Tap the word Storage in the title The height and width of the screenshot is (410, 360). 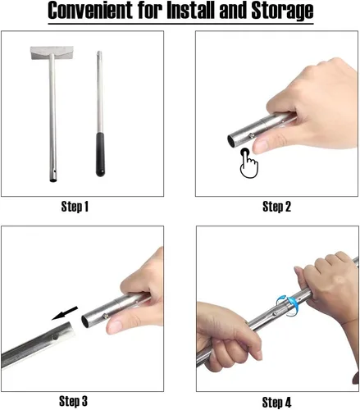coord(282,11)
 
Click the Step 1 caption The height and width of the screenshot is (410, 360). coord(75,207)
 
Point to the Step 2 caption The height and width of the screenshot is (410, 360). coord(276,207)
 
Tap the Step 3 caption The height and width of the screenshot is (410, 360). coord(74,401)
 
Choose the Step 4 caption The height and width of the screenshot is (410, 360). coord(276,403)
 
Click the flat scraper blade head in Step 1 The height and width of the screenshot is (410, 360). coord(52,53)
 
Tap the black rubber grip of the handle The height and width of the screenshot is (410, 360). coord(100,154)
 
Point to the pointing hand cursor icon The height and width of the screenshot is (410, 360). coord(248,163)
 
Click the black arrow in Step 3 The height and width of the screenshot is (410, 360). coord(65,313)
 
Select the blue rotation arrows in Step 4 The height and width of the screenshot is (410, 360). coord(289,306)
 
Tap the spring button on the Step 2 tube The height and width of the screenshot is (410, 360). coord(250,134)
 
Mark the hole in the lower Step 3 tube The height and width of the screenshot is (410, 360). coord(56,337)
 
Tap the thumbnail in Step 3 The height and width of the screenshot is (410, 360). coord(115,326)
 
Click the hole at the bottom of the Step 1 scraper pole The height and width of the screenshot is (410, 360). coord(54,172)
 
